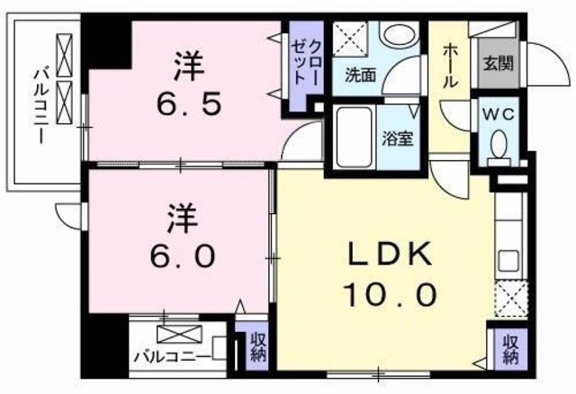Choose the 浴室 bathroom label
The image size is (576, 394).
point(397,139)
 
